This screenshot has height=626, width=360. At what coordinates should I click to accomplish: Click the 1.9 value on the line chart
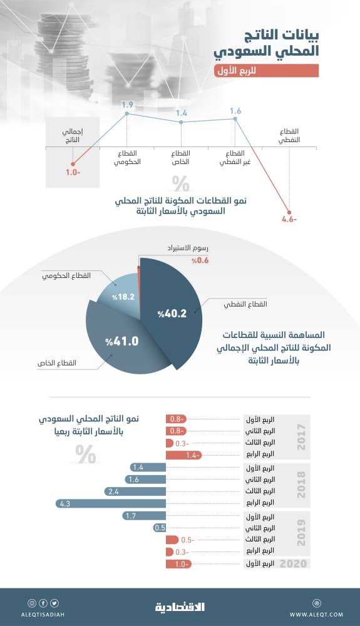127,104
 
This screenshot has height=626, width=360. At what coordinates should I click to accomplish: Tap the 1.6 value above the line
235,111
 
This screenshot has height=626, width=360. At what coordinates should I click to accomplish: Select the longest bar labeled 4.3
110,503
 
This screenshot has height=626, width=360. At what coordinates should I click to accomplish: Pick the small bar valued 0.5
160,528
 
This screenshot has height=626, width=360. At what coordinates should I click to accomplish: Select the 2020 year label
294,564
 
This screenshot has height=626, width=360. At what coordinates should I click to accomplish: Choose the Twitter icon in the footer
54,603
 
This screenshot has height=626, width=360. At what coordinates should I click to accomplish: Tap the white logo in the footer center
180,606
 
